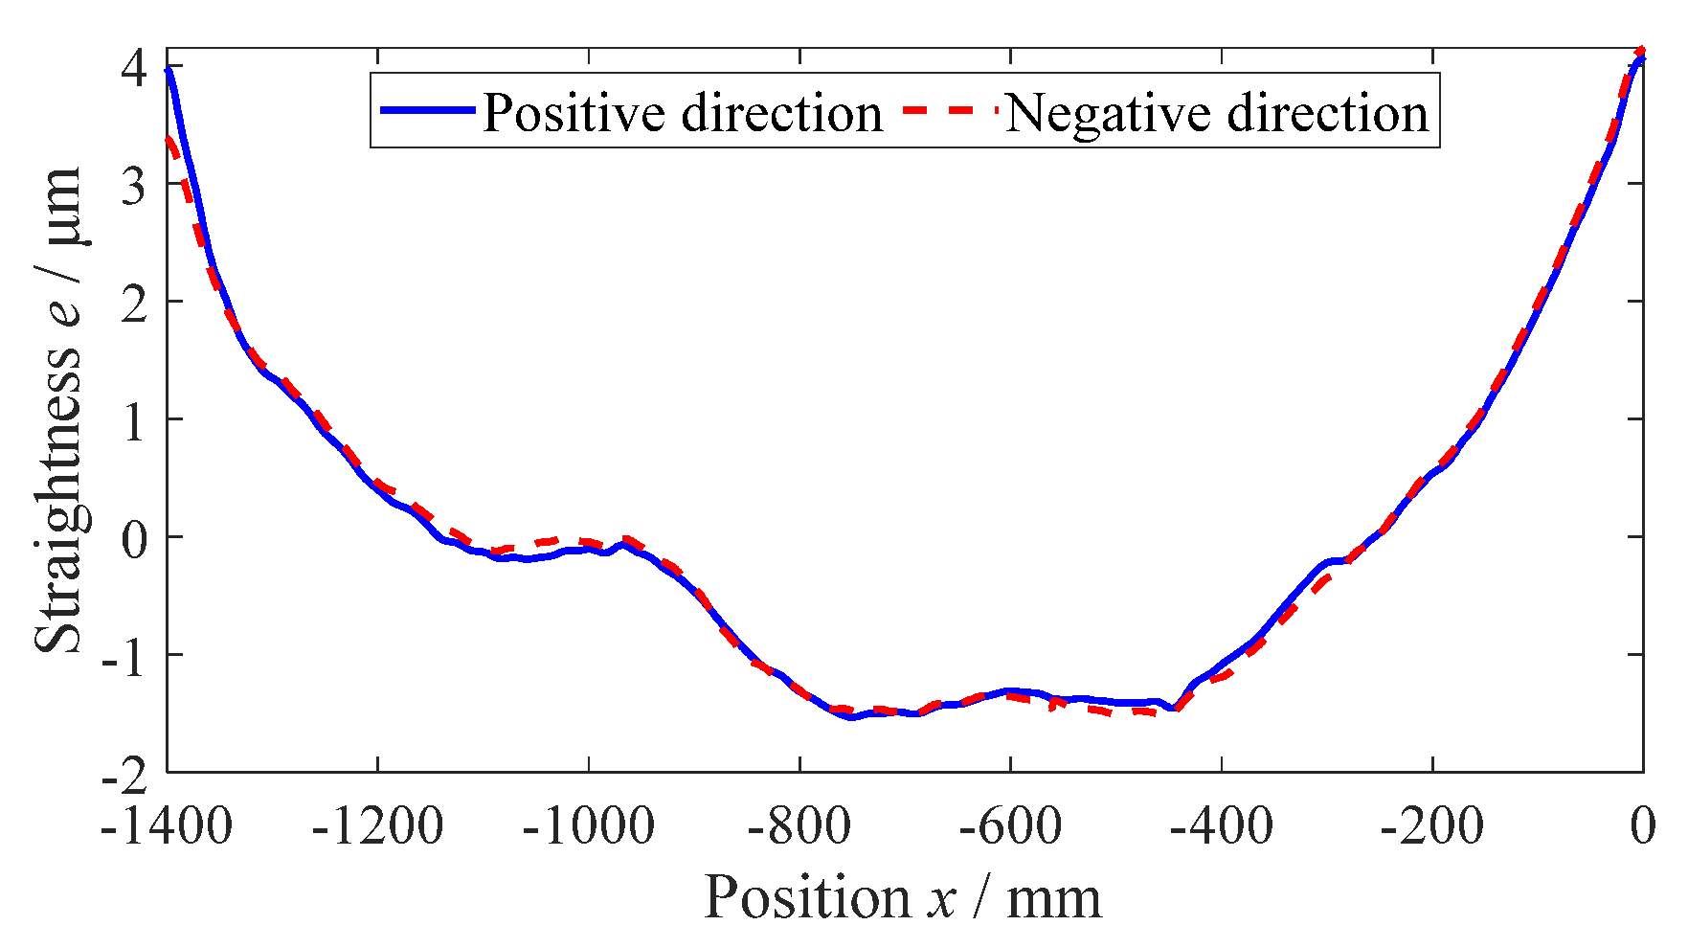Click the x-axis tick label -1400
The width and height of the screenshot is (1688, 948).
(167, 825)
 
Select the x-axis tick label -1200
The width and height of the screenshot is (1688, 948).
(377, 825)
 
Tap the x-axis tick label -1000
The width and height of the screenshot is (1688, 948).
(588, 825)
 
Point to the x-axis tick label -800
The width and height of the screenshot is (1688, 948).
(799, 825)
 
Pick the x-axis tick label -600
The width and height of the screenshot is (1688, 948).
(1010, 825)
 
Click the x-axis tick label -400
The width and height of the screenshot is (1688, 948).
(1222, 825)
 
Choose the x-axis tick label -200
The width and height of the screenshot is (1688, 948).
(1432, 825)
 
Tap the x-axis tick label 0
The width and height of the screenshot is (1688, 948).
(1643, 825)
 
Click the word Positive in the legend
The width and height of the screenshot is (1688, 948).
(573, 113)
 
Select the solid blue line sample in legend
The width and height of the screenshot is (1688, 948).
(427, 110)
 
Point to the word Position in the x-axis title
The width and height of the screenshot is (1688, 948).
(806, 898)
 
